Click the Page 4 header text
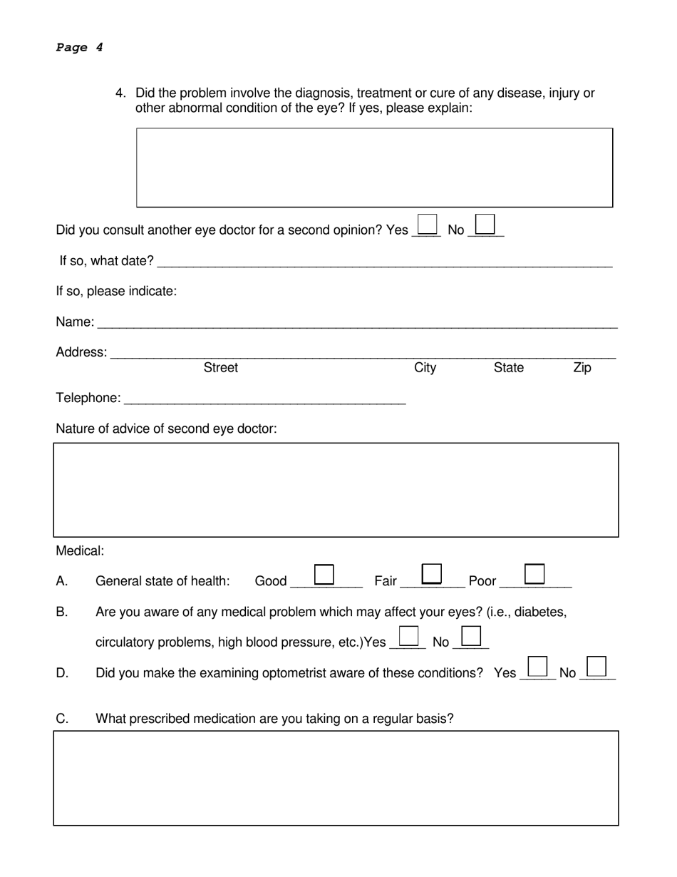tap(79, 48)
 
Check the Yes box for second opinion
tap(427, 224)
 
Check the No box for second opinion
tap(485, 224)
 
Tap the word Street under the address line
tap(221, 368)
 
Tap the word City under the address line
tap(425, 368)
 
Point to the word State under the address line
tap(508, 368)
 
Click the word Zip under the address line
tap(582, 368)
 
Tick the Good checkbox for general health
tap(324, 574)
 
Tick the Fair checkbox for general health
tap(432, 573)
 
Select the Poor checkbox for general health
tap(534, 573)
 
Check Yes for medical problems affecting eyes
tap(408, 635)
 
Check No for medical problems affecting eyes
tap(471, 635)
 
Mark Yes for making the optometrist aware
tap(537, 666)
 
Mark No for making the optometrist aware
tap(596, 666)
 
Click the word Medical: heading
tap(80, 551)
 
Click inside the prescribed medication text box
tap(336, 778)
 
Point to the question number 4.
tap(120, 93)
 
